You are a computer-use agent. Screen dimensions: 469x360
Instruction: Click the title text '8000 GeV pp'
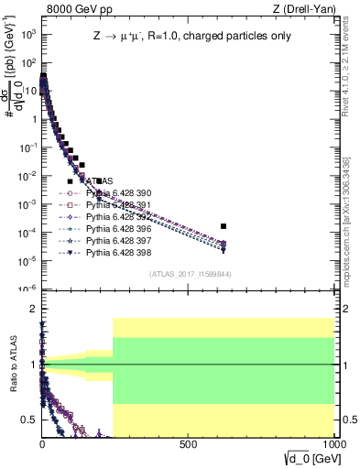[72, 9]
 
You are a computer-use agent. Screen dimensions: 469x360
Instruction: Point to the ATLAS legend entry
[101, 181]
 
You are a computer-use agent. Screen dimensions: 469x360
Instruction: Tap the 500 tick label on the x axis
[189, 445]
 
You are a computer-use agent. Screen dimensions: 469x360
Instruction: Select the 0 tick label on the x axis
[43, 445]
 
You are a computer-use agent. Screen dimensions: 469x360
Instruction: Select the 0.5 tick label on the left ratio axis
[27, 420]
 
